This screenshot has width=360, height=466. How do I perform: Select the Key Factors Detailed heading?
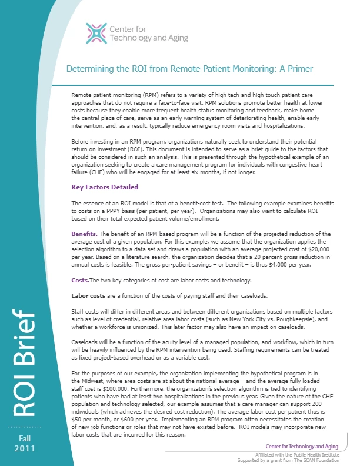tap(105, 187)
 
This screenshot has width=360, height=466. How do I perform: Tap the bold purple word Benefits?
tap(86, 234)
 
